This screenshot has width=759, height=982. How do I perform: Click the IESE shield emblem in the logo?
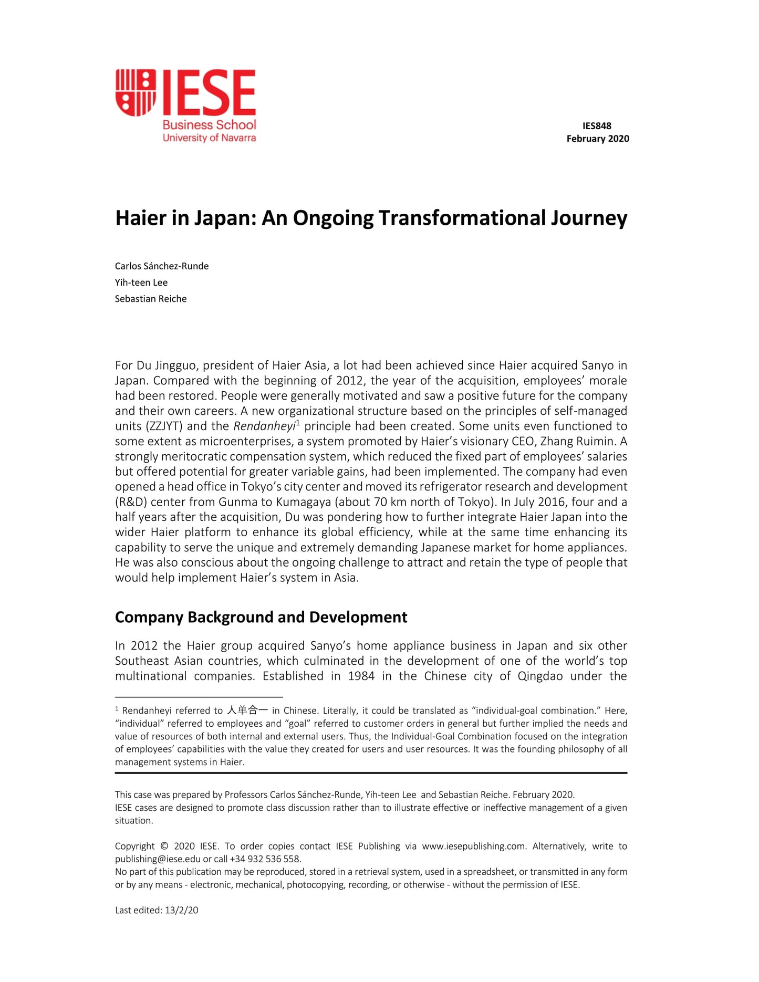[x=136, y=92]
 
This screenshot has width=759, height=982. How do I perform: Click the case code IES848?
[x=597, y=126]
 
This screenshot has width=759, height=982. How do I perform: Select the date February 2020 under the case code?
[x=597, y=139]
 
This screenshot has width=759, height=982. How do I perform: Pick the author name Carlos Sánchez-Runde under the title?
[x=162, y=266]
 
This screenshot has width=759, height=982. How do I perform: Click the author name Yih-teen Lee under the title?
[x=141, y=283]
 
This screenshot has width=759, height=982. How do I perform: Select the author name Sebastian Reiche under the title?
[x=151, y=299]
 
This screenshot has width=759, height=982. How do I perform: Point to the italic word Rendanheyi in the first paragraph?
[x=264, y=426]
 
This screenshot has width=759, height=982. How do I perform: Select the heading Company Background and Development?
[x=261, y=617]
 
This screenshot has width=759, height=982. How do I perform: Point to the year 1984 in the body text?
[x=361, y=676]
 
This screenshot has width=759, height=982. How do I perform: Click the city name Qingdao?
[x=540, y=676]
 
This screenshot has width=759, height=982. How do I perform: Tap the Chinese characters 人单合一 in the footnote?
[x=247, y=711]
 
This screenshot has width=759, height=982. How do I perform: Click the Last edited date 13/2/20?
[x=182, y=911]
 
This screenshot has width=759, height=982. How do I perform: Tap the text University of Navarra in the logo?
[x=209, y=138]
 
